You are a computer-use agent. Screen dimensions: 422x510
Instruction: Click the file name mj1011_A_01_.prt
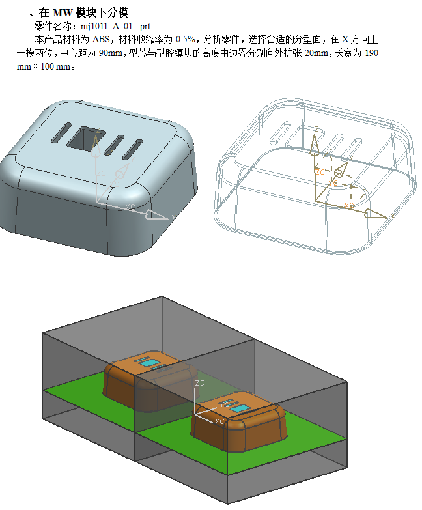(115, 26)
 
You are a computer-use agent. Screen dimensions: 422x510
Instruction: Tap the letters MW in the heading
(63, 12)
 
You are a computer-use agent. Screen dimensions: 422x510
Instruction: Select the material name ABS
(101, 39)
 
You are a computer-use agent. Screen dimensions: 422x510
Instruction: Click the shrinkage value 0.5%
(186, 39)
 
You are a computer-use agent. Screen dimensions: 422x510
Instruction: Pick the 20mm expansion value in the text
(316, 53)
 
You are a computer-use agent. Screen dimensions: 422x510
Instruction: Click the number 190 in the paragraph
(371, 53)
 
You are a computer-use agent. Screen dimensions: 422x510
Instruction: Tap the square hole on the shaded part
(85, 139)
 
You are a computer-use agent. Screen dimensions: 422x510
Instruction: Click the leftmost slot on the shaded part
(61, 133)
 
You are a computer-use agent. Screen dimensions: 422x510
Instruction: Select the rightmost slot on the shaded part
(133, 150)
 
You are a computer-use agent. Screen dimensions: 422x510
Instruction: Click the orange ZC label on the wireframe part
(320, 172)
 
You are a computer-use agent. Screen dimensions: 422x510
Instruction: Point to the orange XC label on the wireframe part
(349, 205)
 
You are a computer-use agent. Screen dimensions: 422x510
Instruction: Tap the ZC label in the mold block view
(200, 383)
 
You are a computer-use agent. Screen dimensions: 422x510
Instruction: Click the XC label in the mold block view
(219, 421)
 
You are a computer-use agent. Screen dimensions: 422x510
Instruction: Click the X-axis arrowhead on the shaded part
(157, 215)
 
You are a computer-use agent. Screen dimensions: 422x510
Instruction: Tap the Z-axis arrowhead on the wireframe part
(314, 143)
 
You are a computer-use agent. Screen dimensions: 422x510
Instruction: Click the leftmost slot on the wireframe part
(280, 132)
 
